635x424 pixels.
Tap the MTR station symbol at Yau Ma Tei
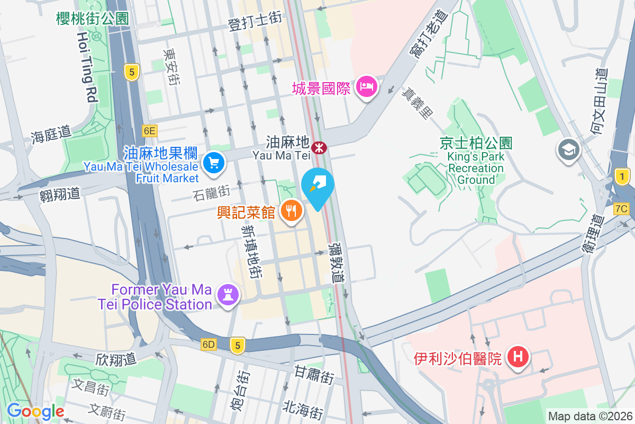click(x=318, y=146)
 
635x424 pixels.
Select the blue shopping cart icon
click(x=213, y=161)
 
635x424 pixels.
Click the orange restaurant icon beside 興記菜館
click(x=291, y=210)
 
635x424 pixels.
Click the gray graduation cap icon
click(x=569, y=149)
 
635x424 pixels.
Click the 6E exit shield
click(x=150, y=130)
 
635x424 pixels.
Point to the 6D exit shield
click(x=208, y=344)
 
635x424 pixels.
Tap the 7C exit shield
click(x=621, y=209)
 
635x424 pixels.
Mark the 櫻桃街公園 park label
click(x=93, y=19)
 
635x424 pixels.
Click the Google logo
click(x=35, y=411)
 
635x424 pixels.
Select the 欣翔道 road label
click(x=116, y=359)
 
